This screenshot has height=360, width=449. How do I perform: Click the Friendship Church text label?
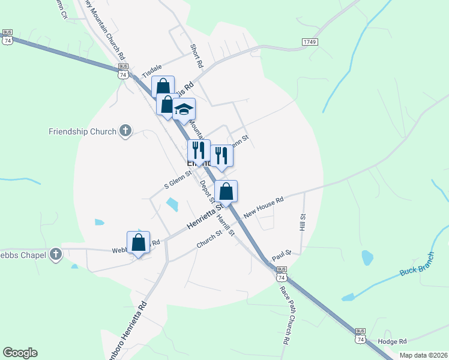[83, 131]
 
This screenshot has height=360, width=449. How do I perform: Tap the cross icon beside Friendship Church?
[125, 131]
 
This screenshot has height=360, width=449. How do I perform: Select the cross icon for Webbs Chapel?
[55, 254]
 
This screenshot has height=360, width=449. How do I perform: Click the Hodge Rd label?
[393, 341]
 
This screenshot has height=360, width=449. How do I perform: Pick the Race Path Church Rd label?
[285, 314]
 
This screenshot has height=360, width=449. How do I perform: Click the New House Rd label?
[263, 207]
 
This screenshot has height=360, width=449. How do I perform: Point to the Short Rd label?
[196, 55]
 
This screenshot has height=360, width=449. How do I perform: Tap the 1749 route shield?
[310, 42]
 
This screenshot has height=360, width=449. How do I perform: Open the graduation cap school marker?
[184, 109]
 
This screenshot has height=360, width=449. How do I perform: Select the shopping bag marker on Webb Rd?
[138, 242]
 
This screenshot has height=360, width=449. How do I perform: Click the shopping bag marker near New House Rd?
[226, 191]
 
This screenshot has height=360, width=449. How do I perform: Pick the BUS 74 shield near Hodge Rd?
[360, 335]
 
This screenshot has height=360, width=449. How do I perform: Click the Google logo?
[20, 353]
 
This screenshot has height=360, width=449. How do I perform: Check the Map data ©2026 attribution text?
[423, 355]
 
